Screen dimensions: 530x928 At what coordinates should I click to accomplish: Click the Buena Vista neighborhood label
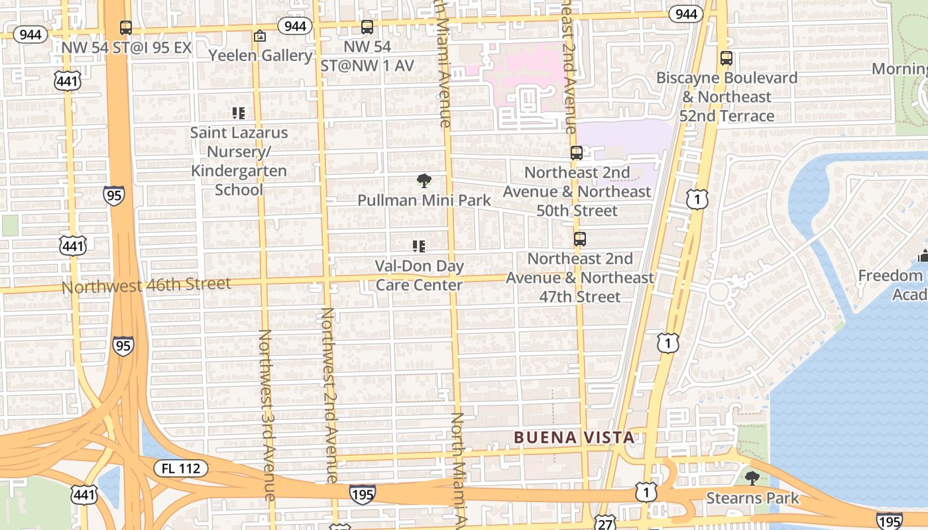pos(574,437)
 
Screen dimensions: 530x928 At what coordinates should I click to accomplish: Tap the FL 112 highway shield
pos(181,469)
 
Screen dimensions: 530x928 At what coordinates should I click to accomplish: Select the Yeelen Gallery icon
pos(260,36)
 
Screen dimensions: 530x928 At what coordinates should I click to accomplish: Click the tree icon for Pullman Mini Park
pos(424,181)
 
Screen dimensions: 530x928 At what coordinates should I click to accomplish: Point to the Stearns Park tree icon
pos(751,478)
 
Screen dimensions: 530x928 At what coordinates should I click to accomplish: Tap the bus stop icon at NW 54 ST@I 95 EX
pos(125,28)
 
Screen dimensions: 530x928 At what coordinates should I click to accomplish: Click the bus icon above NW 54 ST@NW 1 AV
pos(367,27)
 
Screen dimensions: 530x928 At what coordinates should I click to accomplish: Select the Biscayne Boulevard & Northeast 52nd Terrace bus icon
pos(726,58)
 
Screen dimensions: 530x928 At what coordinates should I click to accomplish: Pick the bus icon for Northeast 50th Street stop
pos(576,153)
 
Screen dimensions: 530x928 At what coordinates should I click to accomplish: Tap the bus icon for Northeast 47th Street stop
pos(580,239)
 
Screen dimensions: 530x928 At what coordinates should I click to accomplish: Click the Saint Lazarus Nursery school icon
pos(239,113)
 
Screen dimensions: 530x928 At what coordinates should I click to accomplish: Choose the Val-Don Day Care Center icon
pos(419,246)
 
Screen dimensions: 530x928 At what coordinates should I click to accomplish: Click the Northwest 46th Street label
pos(146,286)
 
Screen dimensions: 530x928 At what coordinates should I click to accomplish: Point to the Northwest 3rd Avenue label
pos(266,415)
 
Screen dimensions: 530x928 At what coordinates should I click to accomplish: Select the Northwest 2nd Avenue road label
pos(329,395)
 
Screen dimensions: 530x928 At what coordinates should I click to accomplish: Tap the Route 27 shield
pos(604,523)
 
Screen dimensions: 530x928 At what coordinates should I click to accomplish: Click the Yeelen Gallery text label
pos(261,56)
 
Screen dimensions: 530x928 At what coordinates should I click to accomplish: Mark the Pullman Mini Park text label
pos(424,200)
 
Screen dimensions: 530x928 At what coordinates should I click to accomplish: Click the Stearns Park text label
pos(752,498)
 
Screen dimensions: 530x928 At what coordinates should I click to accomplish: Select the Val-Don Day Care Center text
pos(419,276)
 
